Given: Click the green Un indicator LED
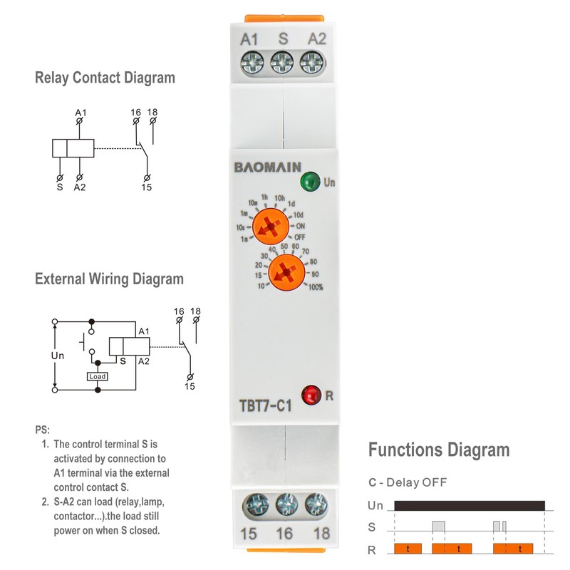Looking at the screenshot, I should click(x=309, y=181).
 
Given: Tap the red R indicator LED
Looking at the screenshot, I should click(x=311, y=394).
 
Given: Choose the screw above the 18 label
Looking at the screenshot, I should click(x=314, y=507).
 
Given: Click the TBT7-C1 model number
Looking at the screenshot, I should click(x=266, y=406).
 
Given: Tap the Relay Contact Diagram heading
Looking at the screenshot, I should click(x=105, y=78).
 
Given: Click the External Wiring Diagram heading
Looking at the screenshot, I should click(x=109, y=279).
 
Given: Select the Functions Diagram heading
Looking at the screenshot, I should click(x=439, y=450).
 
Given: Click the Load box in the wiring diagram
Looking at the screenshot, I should click(x=98, y=376).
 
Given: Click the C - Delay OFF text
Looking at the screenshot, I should click(x=408, y=482).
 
